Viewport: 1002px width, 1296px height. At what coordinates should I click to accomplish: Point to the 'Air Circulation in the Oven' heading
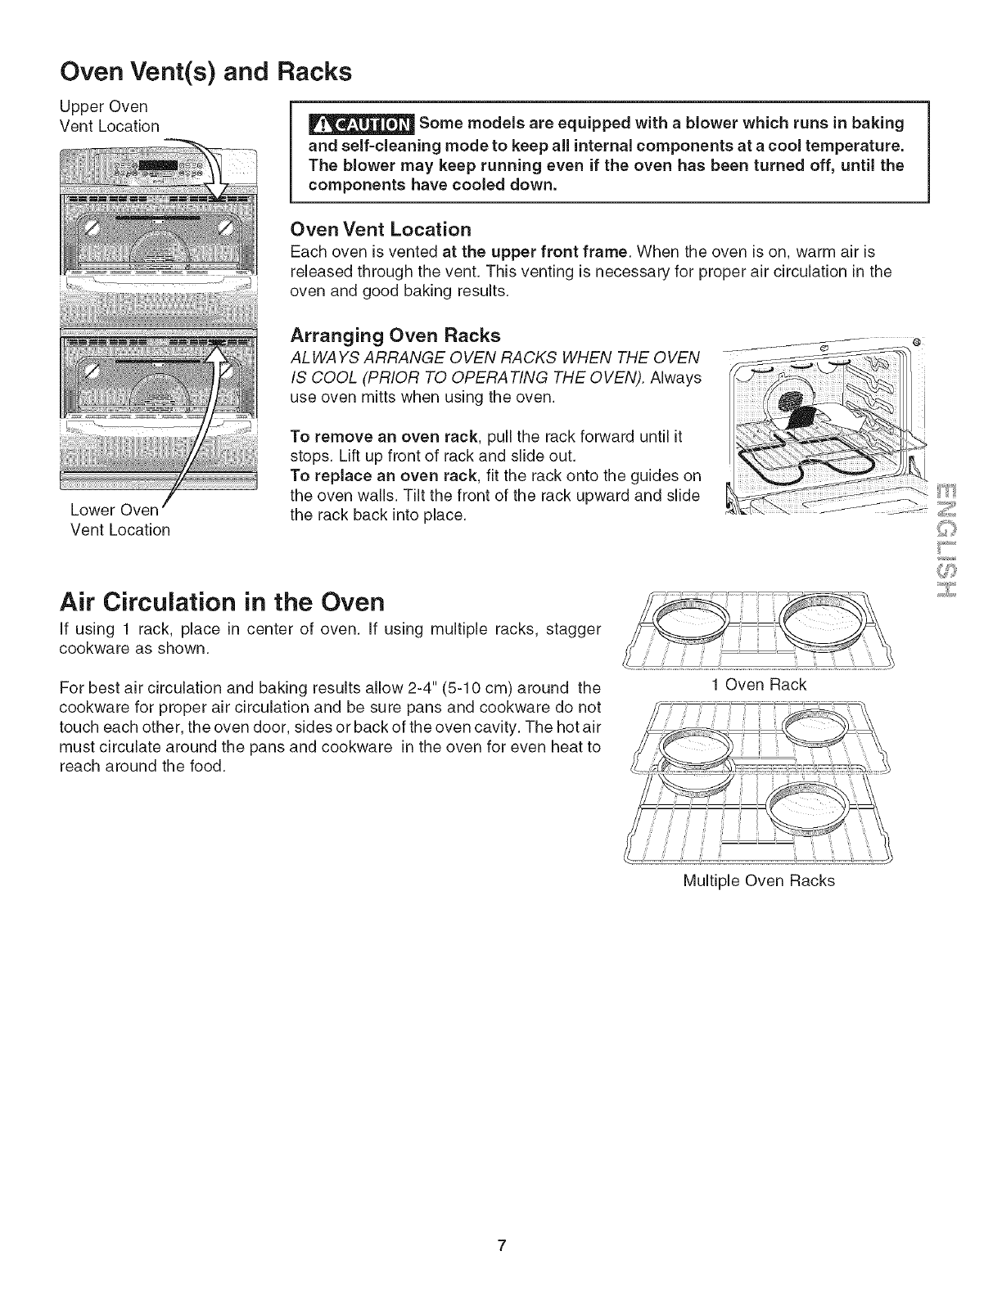222,602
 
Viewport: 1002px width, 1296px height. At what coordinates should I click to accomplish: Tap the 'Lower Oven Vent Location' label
120,520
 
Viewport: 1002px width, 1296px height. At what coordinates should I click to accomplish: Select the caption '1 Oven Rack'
759,684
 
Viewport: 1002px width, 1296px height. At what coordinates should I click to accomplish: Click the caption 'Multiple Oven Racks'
758,881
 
